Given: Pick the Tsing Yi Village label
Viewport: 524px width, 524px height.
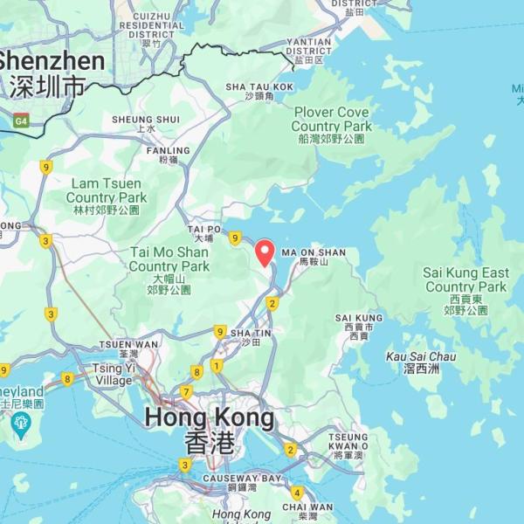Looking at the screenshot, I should (114, 375).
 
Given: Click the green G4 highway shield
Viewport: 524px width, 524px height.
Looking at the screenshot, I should (21, 121).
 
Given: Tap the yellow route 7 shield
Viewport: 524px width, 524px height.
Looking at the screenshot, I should (186, 392).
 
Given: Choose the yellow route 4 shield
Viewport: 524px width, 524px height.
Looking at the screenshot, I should (297, 493).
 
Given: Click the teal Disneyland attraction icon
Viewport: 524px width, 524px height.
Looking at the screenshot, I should (22, 424).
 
